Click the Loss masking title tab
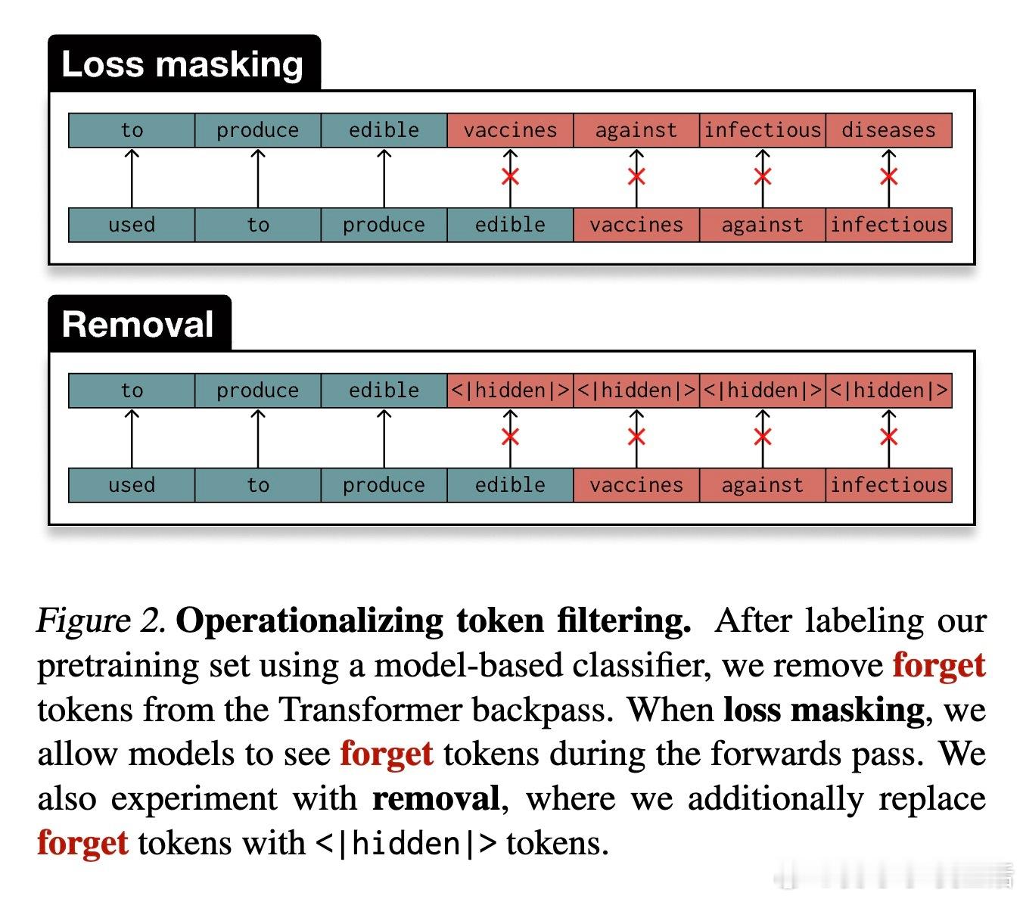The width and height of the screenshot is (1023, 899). click(183, 64)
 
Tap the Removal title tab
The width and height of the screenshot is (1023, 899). click(138, 325)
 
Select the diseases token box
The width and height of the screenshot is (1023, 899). click(888, 130)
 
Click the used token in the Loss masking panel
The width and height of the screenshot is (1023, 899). click(132, 225)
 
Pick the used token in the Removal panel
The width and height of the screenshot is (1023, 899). click(132, 485)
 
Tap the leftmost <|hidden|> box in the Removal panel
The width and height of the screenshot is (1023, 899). click(510, 390)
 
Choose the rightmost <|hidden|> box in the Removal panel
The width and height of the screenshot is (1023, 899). click(888, 390)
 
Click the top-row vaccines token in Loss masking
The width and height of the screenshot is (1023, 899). click(510, 130)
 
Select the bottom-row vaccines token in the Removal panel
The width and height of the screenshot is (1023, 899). click(636, 485)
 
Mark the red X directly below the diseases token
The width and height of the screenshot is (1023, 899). click(888, 177)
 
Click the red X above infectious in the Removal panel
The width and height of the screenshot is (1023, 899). click(888, 437)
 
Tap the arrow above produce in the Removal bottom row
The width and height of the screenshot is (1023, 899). click(384, 437)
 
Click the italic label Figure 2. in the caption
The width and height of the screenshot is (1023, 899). click(101, 621)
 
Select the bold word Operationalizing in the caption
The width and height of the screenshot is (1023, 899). click(309, 621)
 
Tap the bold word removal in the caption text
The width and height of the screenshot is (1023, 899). click(436, 798)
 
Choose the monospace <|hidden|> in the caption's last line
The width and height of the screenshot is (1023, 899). click(406, 843)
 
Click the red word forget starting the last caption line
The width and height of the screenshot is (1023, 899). click(82, 843)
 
